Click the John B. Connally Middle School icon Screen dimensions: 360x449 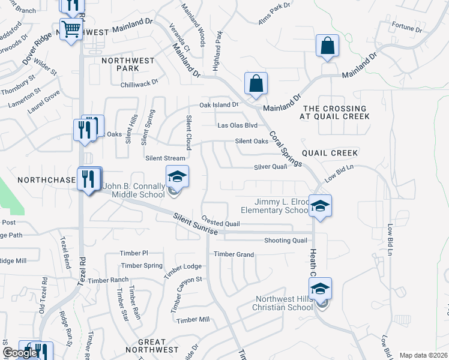coord(177,177)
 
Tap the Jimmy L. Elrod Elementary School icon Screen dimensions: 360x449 coord(321,206)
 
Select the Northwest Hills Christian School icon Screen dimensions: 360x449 coord(321,290)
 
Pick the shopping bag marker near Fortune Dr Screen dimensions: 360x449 coord(327,46)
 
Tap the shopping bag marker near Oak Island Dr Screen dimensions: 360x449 coord(256,84)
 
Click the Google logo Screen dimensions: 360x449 coord(19,353)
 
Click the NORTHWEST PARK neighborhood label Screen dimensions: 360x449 coord(127,64)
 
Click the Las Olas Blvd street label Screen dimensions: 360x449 coord(237,125)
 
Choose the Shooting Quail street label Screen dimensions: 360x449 coord(286,241)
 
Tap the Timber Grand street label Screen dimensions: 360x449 coord(234,254)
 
